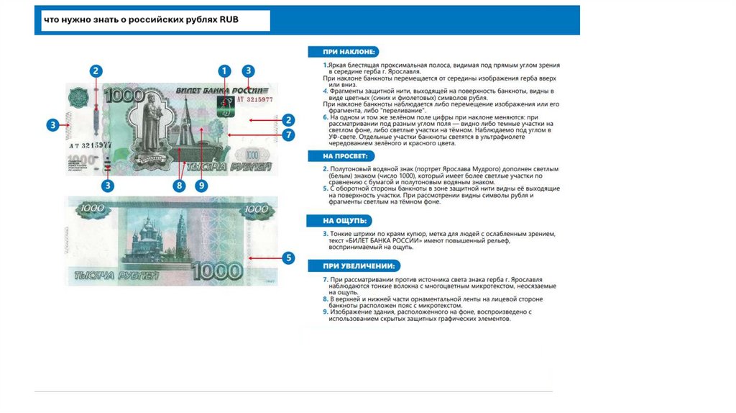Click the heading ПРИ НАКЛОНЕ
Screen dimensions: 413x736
(342, 52)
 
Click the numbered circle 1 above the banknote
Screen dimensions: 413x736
(224, 71)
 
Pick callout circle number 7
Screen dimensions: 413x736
(288, 135)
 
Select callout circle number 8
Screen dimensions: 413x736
(179, 185)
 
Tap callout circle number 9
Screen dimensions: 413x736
(202, 185)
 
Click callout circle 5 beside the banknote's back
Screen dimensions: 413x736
(288, 257)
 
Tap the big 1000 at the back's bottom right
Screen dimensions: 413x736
(216, 271)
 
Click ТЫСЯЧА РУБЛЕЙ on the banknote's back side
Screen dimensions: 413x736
(108, 274)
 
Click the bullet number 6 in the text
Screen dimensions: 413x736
(325, 116)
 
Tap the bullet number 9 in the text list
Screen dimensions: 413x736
(325, 312)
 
